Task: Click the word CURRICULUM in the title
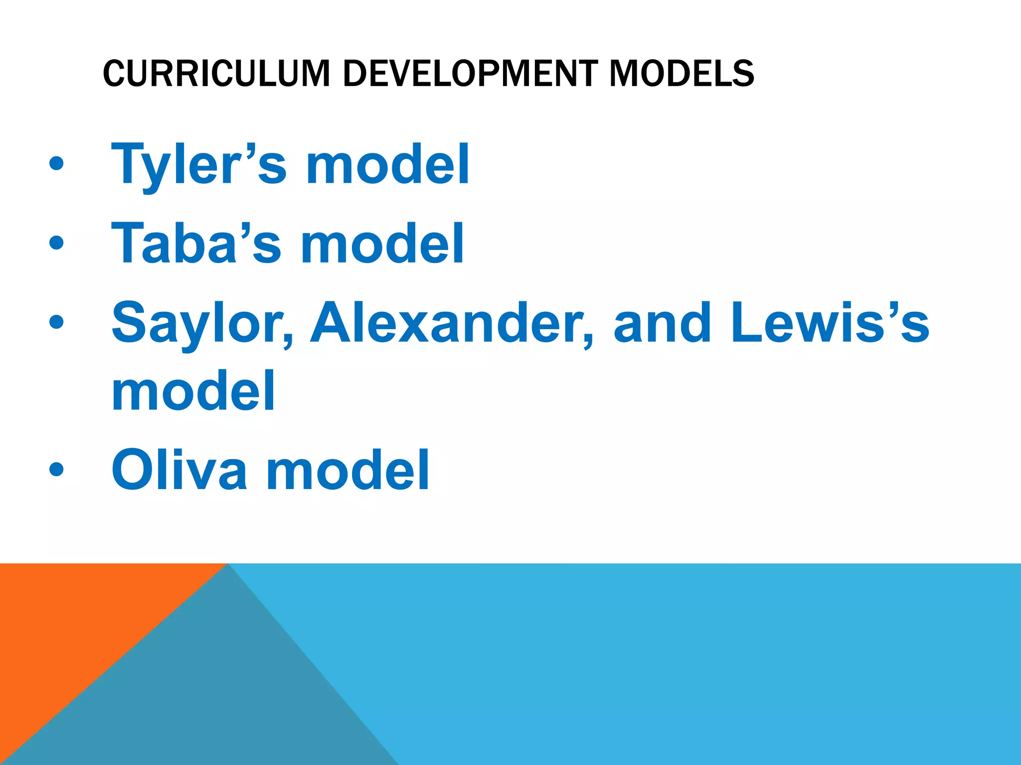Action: point(216,74)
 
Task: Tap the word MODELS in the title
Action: point(681,74)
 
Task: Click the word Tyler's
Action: point(199,164)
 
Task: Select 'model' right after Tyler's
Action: point(388,164)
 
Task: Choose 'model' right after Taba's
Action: point(383,244)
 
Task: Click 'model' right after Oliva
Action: point(348,470)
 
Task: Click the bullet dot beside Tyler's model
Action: point(57,164)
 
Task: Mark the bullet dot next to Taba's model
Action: point(57,243)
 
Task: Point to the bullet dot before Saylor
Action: point(57,322)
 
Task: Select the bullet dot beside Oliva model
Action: point(57,469)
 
